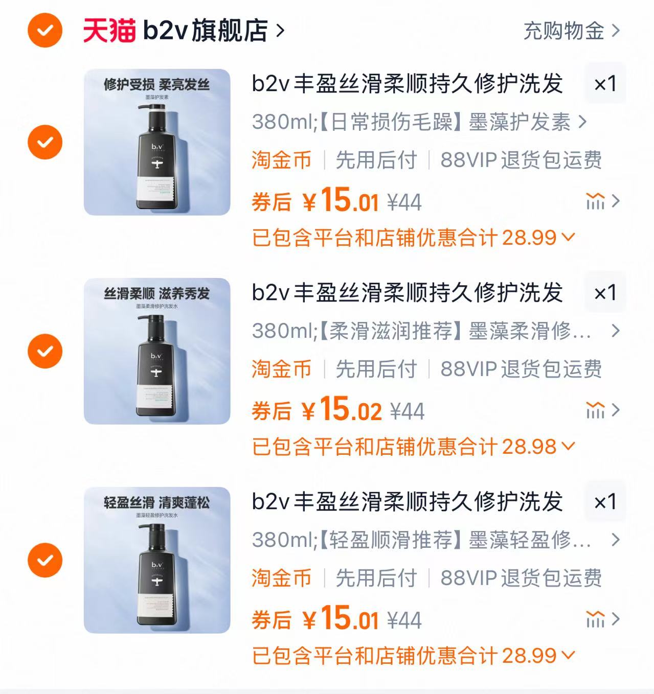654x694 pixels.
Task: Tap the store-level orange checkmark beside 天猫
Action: coord(45,30)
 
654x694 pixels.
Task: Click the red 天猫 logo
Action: coord(109,30)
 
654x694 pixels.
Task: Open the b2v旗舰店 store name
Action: coord(205,30)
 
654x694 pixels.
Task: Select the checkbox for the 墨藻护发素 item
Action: coord(45,142)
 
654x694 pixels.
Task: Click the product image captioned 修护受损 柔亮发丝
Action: coord(157,142)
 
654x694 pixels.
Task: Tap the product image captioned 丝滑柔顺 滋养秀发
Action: coord(157,351)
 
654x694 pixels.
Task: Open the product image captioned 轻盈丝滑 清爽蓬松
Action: coord(157,560)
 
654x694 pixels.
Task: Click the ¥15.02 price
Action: coord(342,410)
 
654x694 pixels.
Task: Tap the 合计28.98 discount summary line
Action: coord(413,447)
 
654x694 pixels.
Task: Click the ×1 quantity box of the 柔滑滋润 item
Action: coord(605,292)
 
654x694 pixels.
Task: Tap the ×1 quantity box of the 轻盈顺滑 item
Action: coord(605,501)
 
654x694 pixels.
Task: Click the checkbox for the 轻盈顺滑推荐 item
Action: coord(45,560)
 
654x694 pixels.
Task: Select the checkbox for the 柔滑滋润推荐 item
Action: coord(45,351)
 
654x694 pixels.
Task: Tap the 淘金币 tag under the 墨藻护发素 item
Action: coord(281,160)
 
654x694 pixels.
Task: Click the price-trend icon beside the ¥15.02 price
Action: coord(595,410)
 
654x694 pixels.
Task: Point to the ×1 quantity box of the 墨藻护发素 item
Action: coord(605,83)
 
